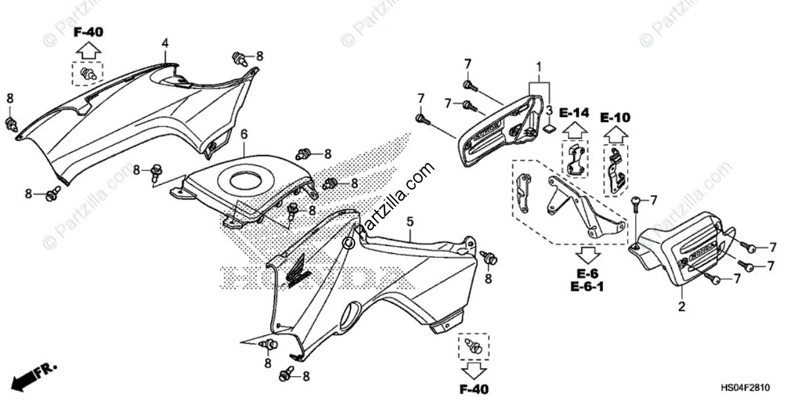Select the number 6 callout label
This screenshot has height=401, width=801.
244,134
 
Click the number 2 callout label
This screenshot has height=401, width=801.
682,307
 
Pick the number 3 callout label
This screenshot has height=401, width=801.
548,110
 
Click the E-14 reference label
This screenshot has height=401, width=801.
574,113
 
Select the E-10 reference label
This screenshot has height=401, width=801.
614,118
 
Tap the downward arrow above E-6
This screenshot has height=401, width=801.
587,255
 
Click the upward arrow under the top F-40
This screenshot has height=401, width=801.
87,51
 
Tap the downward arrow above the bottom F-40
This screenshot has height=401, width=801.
473,368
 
